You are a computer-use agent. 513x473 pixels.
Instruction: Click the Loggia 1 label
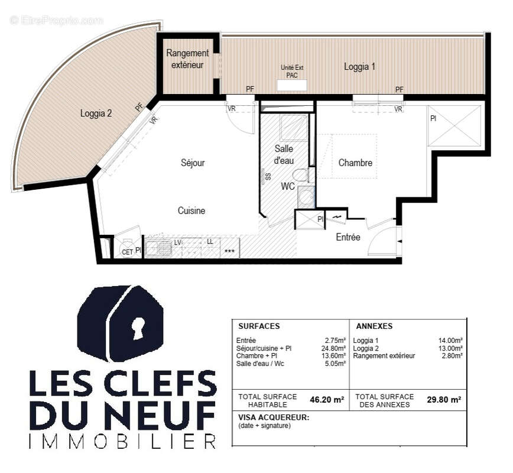(359, 67)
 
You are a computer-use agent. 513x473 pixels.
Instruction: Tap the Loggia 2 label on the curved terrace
(96, 113)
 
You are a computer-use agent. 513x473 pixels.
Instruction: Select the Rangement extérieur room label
(187, 59)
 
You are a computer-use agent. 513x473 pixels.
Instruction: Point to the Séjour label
(193, 163)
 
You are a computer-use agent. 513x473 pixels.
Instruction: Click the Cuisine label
(191, 210)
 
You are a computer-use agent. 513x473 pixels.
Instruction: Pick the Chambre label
(355, 163)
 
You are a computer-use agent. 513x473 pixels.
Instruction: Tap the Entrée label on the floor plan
(348, 237)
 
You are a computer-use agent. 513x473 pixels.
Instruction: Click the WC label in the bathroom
(288, 186)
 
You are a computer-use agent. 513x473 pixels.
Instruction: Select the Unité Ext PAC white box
(292, 85)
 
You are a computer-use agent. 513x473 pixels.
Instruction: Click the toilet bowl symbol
(300, 175)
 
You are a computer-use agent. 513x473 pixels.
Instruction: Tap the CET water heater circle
(127, 248)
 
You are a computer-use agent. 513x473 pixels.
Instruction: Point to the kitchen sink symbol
(158, 248)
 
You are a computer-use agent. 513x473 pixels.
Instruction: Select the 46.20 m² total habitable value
(327, 400)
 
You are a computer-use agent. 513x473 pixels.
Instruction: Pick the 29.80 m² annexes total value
(444, 400)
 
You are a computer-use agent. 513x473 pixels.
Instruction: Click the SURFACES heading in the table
(259, 326)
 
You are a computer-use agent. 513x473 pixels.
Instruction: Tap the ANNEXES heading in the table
(374, 326)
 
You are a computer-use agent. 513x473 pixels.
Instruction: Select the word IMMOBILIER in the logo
(122, 441)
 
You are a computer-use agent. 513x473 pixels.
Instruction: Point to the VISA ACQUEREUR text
(273, 417)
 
